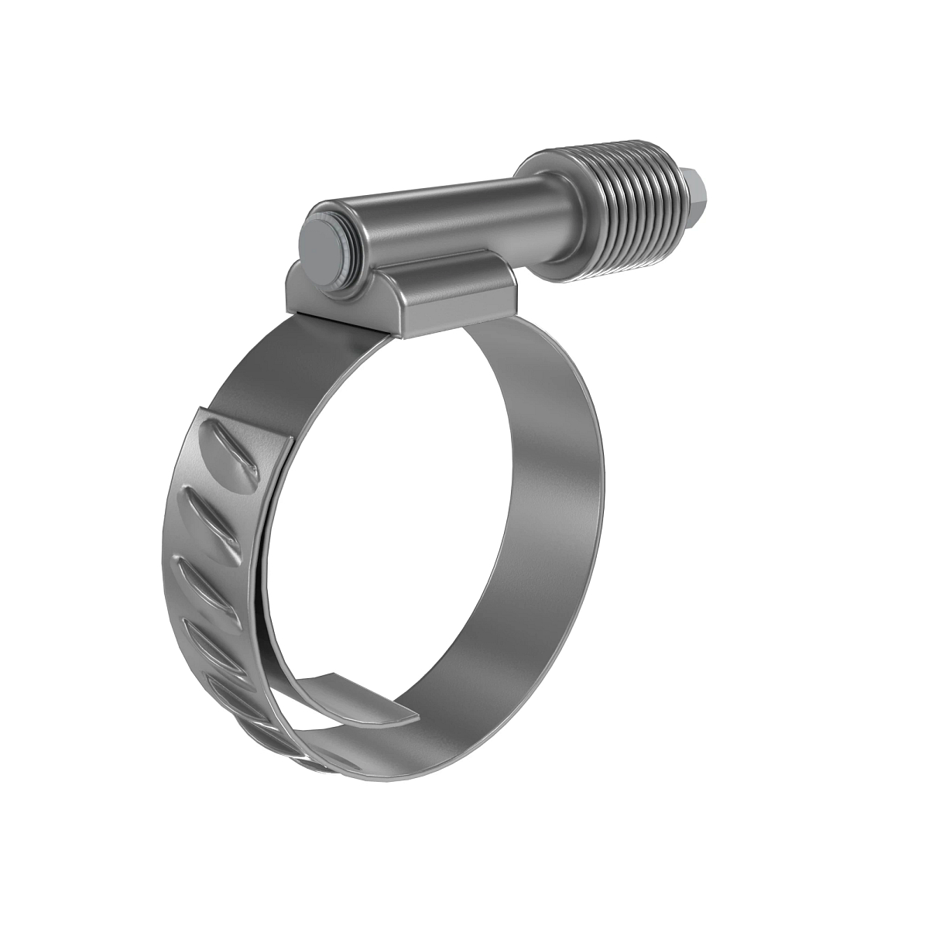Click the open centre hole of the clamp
tap(403, 526)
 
